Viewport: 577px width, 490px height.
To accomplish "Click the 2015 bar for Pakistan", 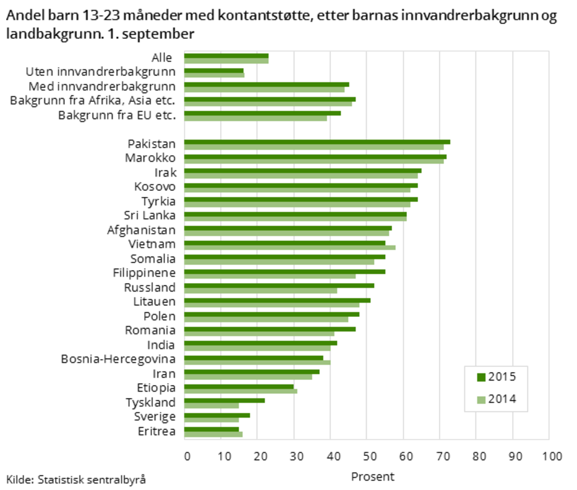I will click(317, 142).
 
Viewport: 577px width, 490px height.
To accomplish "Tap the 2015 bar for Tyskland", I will click(224, 400).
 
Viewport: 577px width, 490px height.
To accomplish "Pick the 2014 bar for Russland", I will click(261, 290).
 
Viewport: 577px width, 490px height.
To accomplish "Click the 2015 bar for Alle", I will click(226, 56).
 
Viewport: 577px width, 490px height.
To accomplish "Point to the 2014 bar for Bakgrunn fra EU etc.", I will click(255, 118).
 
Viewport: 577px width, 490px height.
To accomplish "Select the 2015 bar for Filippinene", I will click(284, 271).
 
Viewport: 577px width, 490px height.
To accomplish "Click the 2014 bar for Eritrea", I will click(213, 434).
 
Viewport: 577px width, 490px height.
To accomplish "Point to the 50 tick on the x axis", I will click(367, 457).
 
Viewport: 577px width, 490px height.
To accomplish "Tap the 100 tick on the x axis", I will click(548, 457).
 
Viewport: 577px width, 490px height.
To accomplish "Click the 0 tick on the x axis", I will click(187, 457).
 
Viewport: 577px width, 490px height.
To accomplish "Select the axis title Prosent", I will click(372, 476).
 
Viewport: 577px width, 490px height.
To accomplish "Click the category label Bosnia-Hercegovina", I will click(118, 359).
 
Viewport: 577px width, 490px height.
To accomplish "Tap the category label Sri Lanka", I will click(150, 215).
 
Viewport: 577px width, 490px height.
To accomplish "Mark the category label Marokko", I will click(150, 158).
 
